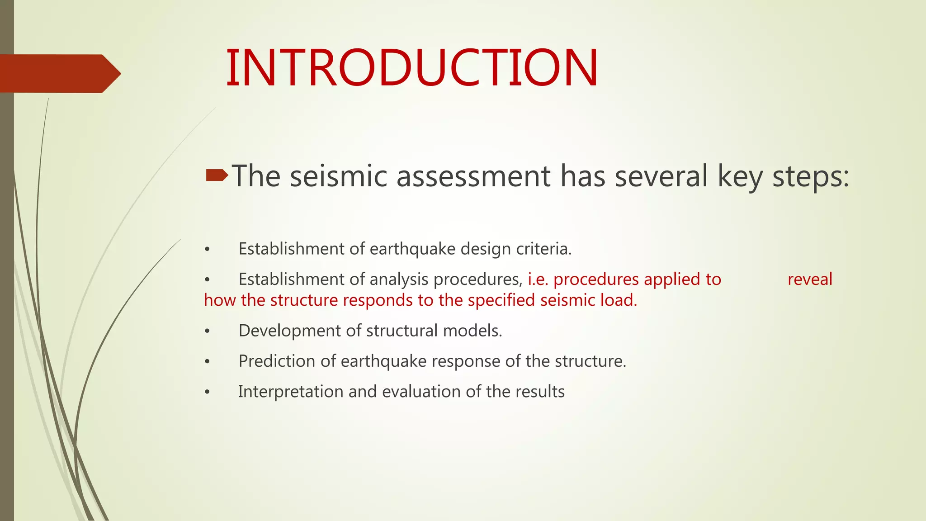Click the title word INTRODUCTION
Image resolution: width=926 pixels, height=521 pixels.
(412, 68)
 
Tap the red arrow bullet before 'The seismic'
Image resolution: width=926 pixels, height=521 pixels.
(217, 175)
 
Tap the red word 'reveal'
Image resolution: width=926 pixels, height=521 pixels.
(810, 279)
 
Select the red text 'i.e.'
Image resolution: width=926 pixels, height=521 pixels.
(538, 279)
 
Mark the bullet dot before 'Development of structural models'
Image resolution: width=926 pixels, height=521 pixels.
(207, 332)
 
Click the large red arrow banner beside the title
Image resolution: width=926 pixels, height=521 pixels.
(59, 73)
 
